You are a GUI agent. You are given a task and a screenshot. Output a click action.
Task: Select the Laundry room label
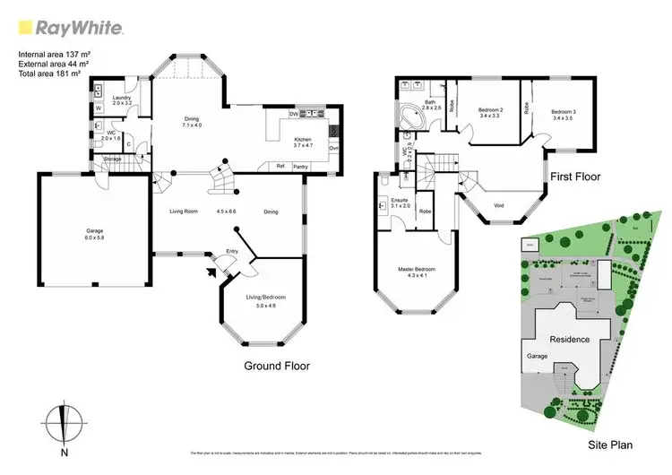[x=121, y=99]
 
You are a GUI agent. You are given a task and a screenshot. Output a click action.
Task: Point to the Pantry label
[x=300, y=166]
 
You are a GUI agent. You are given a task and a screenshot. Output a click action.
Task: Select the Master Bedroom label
[x=415, y=271]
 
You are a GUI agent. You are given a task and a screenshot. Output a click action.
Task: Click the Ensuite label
[x=400, y=201]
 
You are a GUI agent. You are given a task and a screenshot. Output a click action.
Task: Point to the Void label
[x=498, y=205]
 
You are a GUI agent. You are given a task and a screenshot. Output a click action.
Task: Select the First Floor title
[x=576, y=177]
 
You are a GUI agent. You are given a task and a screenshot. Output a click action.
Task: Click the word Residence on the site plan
[x=569, y=340]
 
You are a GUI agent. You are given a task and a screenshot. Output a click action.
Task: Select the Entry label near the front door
[x=232, y=252]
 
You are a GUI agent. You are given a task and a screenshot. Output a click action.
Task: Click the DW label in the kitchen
[x=294, y=114]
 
